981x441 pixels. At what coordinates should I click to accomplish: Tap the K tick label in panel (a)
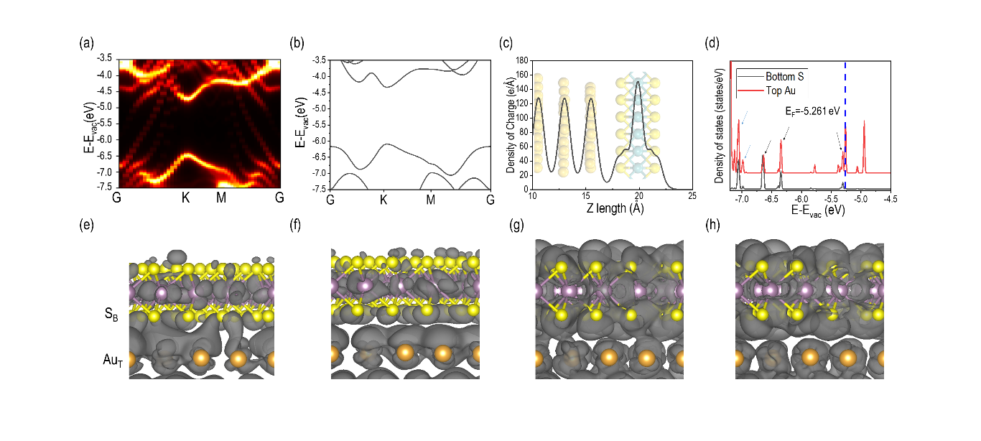pos(185,198)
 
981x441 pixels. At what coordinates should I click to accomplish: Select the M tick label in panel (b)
pos(430,198)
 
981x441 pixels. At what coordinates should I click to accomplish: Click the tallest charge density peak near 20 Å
pos(638,81)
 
